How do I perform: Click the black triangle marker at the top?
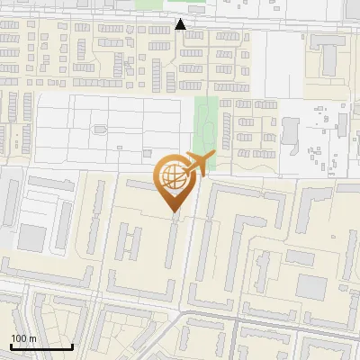click(x=181, y=23)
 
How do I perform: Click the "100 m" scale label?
click(x=22, y=338)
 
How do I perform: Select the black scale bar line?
click(x=40, y=346)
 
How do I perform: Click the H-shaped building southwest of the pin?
click(x=130, y=243)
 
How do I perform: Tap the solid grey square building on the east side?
click(x=312, y=287)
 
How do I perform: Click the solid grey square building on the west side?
click(x=31, y=238)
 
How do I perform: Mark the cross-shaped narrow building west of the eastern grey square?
click(x=263, y=270)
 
